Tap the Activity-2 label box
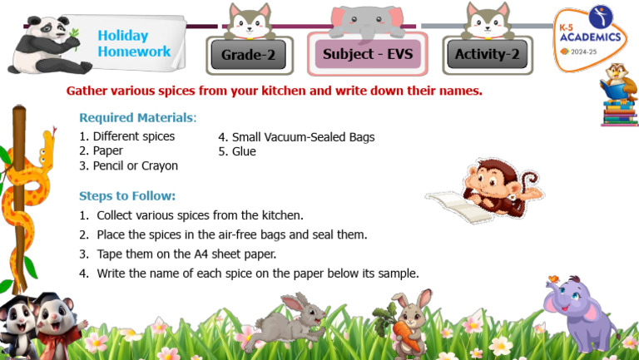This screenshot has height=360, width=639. point(488,55)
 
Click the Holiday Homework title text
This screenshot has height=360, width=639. point(134,43)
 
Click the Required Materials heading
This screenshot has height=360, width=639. point(137,118)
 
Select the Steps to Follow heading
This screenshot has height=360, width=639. point(127,196)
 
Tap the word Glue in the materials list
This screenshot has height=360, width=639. point(243,151)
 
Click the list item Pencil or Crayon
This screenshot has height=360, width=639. point(128,165)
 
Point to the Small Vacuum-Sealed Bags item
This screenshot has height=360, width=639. point(296,136)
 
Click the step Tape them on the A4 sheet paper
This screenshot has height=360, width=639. point(186,254)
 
